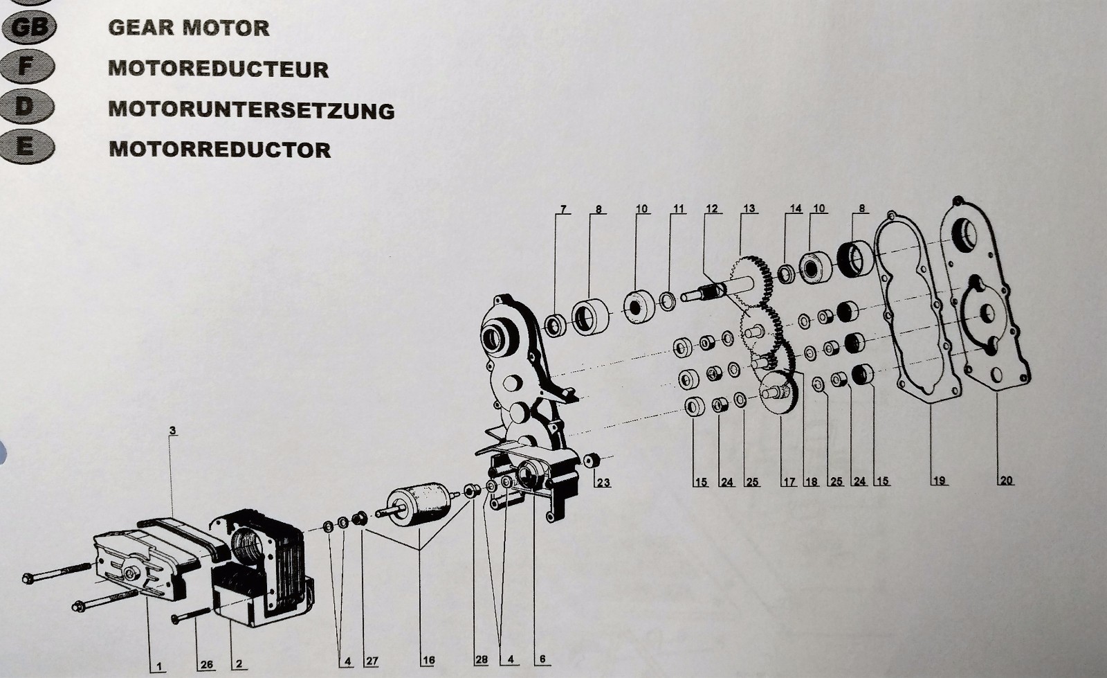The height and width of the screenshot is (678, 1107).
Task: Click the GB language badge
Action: click(x=28, y=27)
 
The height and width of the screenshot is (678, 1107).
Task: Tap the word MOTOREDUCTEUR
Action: click(x=219, y=69)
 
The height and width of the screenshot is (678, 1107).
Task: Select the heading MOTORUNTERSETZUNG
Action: click(x=252, y=110)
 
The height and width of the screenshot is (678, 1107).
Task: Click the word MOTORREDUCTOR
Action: click(x=220, y=150)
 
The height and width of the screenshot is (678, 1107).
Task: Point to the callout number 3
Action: click(x=172, y=430)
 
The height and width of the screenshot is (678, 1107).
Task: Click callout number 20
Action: click(x=1006, y=480)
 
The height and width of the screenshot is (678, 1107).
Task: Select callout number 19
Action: click(x=939, y=480)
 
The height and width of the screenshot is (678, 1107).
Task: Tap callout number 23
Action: click(x=603, y=482)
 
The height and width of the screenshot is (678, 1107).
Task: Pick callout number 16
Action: click(x=428, y=660)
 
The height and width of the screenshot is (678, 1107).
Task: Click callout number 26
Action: click(x=207, y=664)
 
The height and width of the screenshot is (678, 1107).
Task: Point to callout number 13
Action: click(x=749, y=208)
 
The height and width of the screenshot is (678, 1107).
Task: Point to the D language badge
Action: click(x=27, y=107)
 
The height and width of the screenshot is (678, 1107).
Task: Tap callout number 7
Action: click(x=563, y=208)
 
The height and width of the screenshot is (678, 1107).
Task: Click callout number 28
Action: click(x=481, y=659)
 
